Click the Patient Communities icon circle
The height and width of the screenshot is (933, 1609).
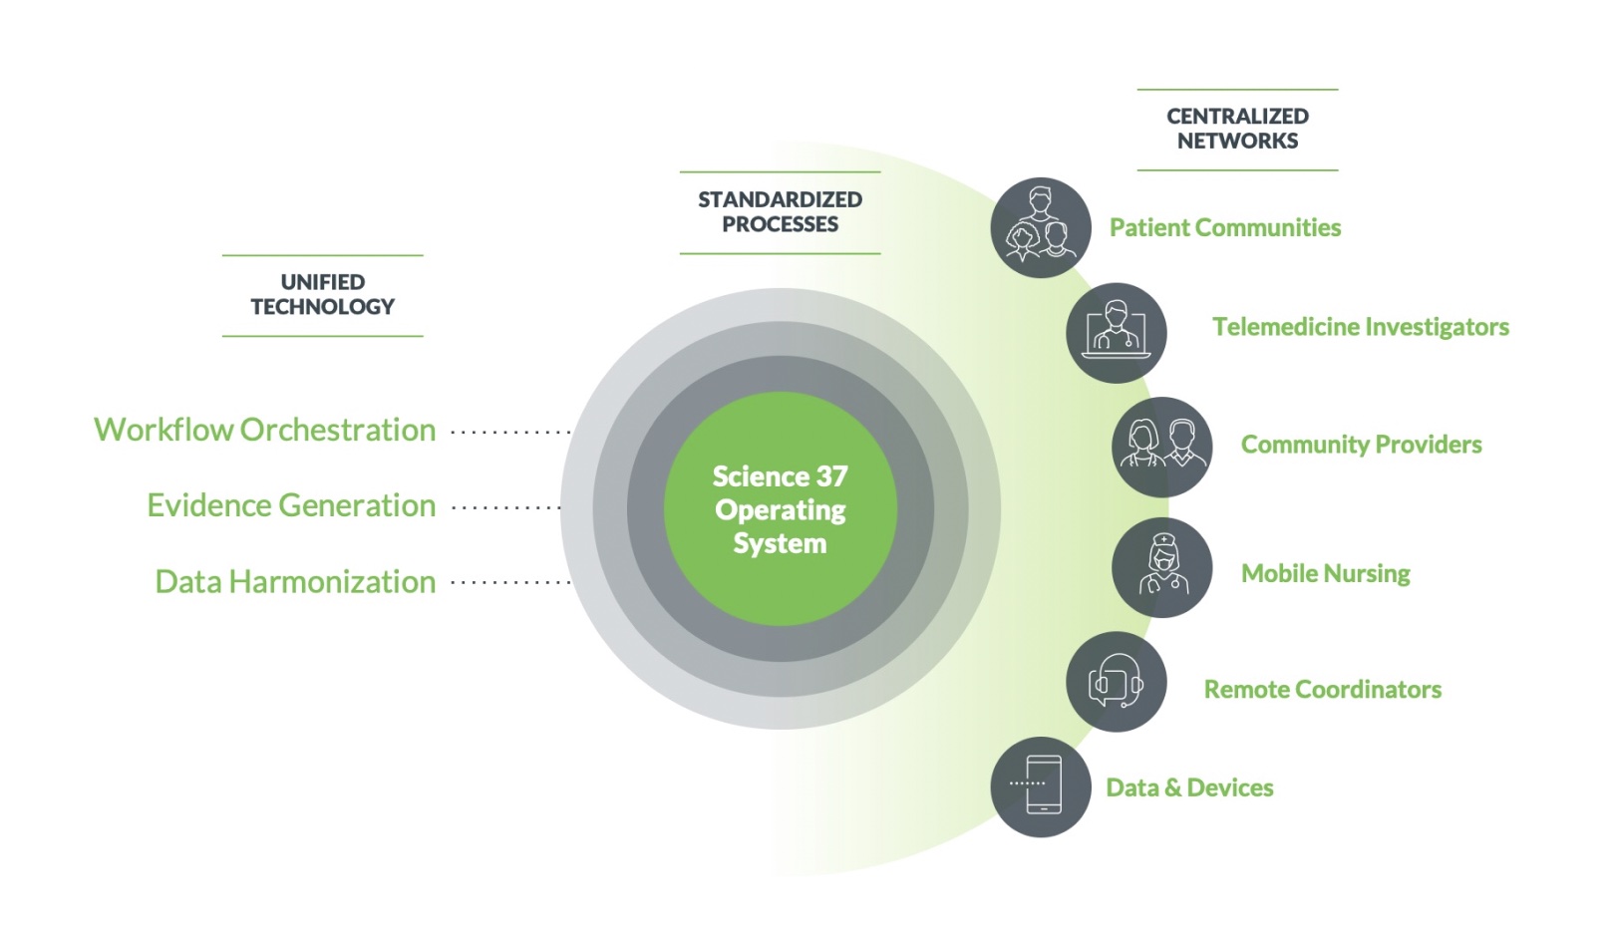pyautogui.click(x=1041, y=227)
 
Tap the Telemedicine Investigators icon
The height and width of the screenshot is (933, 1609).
pyautogui.click(x=1117, y=333)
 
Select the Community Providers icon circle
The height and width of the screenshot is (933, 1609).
pyautogui.click(x=1162, y=447)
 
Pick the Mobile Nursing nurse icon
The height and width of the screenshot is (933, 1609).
pyautogui.click(x=1162, y=567)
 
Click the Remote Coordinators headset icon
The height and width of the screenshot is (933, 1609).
pyautogui.click(x=1117, y=682)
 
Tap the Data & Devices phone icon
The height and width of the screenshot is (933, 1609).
pyautogui.click(x=1041, y=786)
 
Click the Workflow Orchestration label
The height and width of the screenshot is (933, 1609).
pyautogui.click(x=265, y=431)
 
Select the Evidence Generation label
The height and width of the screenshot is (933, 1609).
pyautogui.click(x=292, y=505)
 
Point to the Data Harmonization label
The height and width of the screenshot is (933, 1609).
pyautogui.click(x=296, y=582)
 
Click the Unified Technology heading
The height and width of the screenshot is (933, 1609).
pyautogui.click(x=323, y=294)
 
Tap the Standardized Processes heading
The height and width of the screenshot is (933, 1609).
pyautogui.click(x=781, y=212)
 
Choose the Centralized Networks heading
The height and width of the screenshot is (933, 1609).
pyautogui.click(x=1237, y=129)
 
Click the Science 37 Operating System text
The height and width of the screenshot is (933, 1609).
pyautogui.click(x=781, y=509)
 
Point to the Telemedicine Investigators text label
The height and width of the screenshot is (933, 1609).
pyautogui.click(x=1361, y=327)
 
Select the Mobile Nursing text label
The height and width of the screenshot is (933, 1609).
pyautogui.click(x=1326, y=574)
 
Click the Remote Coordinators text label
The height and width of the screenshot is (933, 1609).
pyautogui.click(x=1323, y=690)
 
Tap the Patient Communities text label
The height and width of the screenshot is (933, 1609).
pyautogui.click(x=1225, y=227)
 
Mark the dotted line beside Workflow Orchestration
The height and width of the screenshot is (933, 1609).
pyautogui.click(x=510, y=433)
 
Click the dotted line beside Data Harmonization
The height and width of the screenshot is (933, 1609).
pyautogui.click(x=510, y=582)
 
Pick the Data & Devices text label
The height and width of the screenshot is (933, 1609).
pyautogui.click(x=1189, y=787)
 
